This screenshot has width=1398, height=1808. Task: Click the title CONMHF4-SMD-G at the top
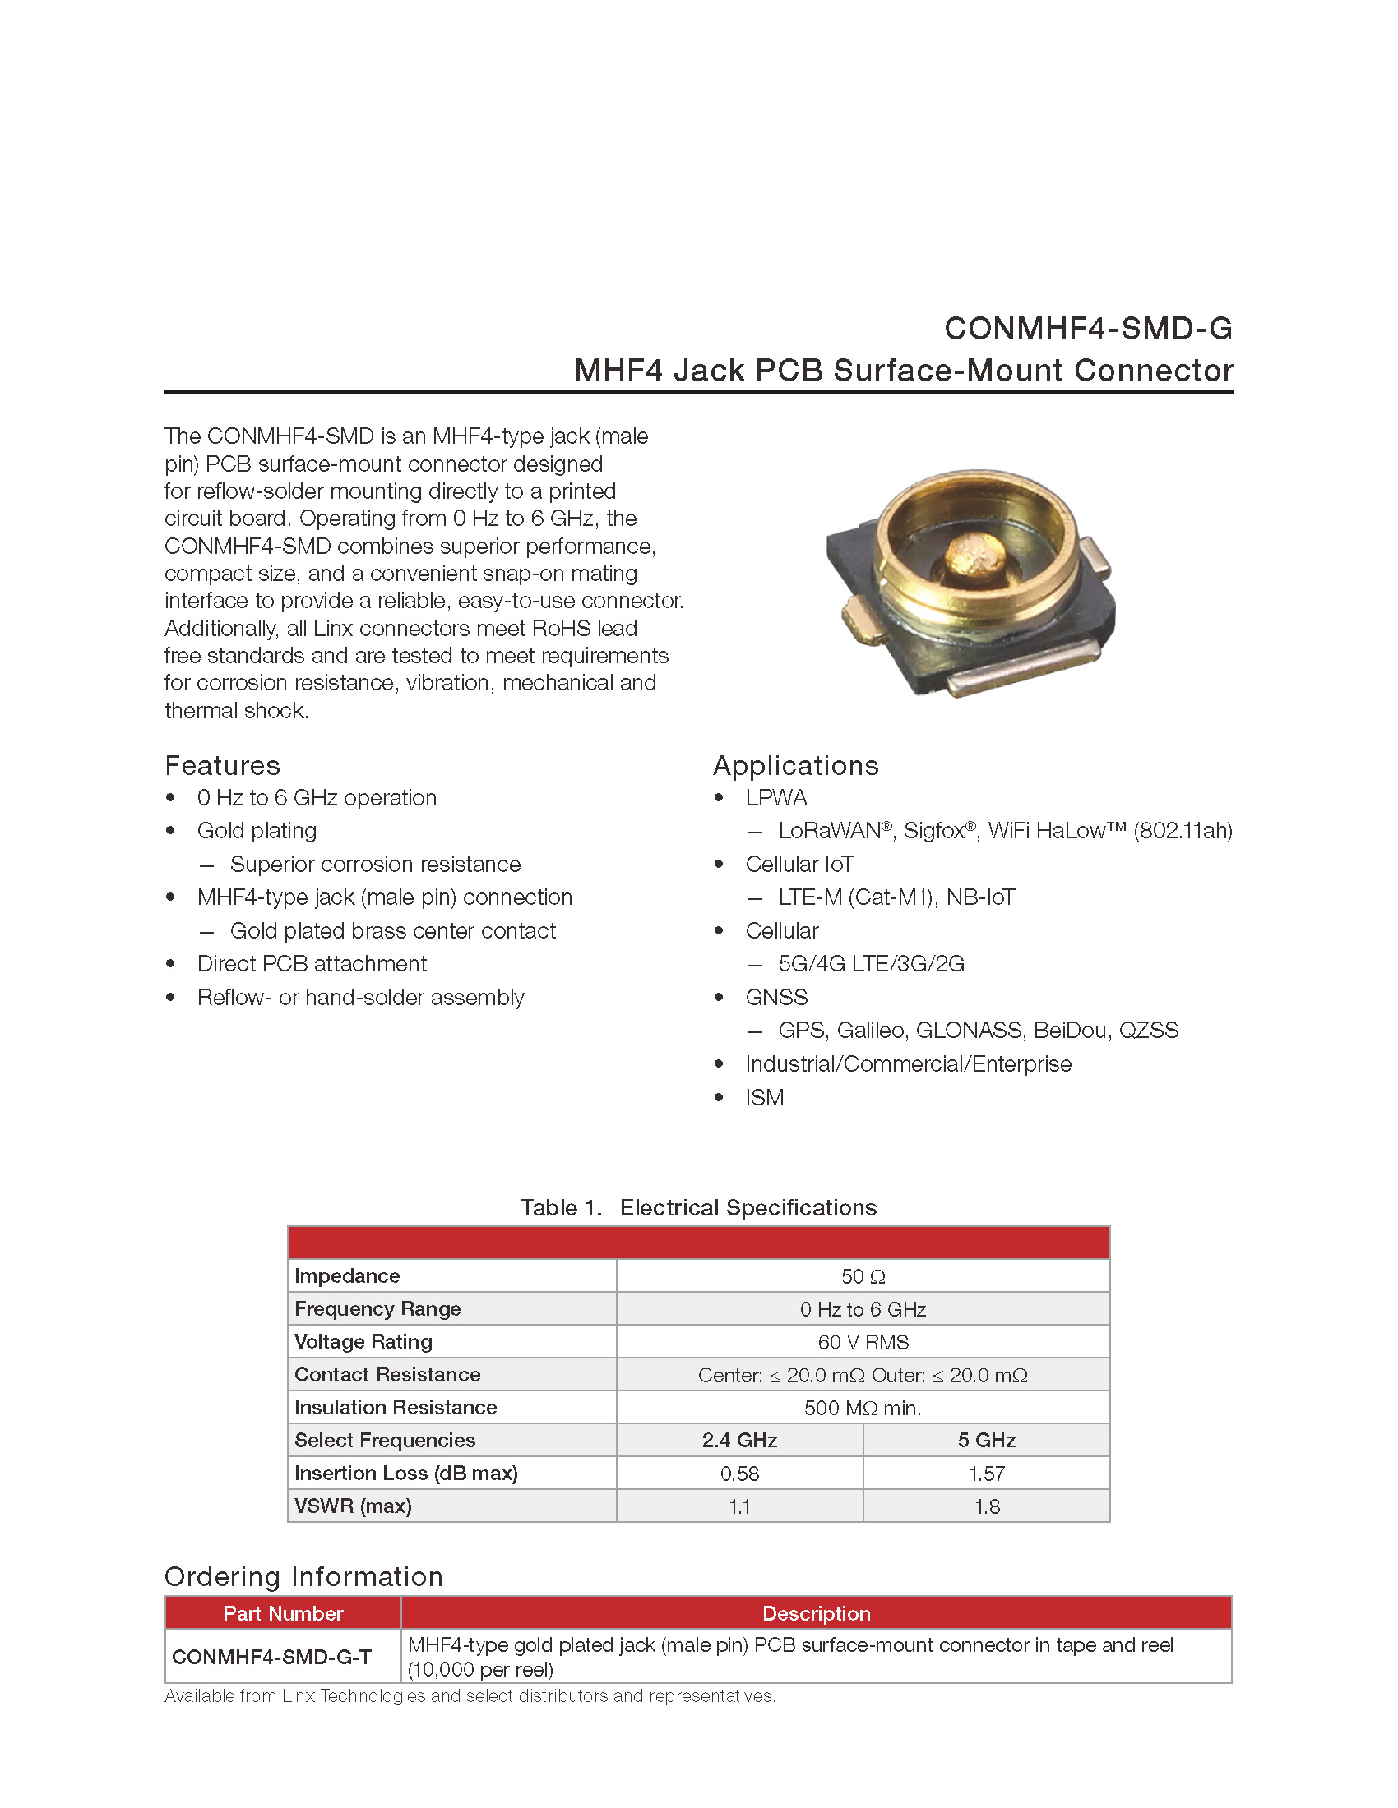[x=1087, y=329]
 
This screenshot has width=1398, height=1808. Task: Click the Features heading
[x=222, y=765]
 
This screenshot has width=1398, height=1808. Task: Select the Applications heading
[x=795, y=765]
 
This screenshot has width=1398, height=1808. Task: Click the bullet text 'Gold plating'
[x=257, y=830]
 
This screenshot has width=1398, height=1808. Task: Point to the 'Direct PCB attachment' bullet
[x=312, y=964]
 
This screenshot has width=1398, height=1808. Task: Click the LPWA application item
[x=776, y=797]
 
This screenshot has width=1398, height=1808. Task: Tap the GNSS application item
[x=776, y=997]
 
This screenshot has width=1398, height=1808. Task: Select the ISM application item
[x=764, y=1097]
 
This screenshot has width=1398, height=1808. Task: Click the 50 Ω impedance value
[x=863, y=1275]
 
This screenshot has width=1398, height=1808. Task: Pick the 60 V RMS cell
[x=863, y=1341]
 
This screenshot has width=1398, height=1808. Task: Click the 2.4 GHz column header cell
[x=739, y=1440]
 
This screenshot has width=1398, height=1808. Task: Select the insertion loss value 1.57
[x=986, y=1473]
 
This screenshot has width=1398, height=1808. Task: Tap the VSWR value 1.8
[x=986, y=1506]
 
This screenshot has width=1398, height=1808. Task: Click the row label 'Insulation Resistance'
[x=396, y=1407]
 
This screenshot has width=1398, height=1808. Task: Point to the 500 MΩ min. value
[x=863, y=1407]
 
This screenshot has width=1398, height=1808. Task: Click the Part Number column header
[x=283, y=1612]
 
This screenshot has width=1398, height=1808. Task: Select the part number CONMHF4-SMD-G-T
[x=271, y=1657]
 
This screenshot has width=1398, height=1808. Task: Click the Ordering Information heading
[x=303, y=1576]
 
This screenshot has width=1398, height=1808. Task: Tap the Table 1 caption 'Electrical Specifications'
[x=748, y=1207]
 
